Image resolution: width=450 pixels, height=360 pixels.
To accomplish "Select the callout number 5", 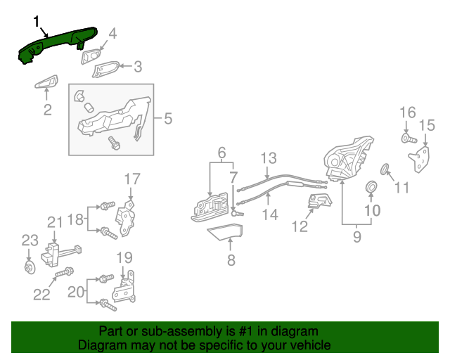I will tap(167, 119).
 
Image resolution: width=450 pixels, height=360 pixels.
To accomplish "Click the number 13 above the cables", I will tap(269, 157).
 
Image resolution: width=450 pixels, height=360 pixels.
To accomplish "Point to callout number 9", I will tap(356, 237).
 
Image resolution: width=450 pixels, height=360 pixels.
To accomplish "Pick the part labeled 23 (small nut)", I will tap(29, 266).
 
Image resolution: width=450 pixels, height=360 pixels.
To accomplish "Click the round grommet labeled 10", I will tap(371, 187).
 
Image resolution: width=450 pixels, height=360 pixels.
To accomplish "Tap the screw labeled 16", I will tap(407, 139).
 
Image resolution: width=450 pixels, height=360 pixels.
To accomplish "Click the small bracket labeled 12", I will tap(318, 204).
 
